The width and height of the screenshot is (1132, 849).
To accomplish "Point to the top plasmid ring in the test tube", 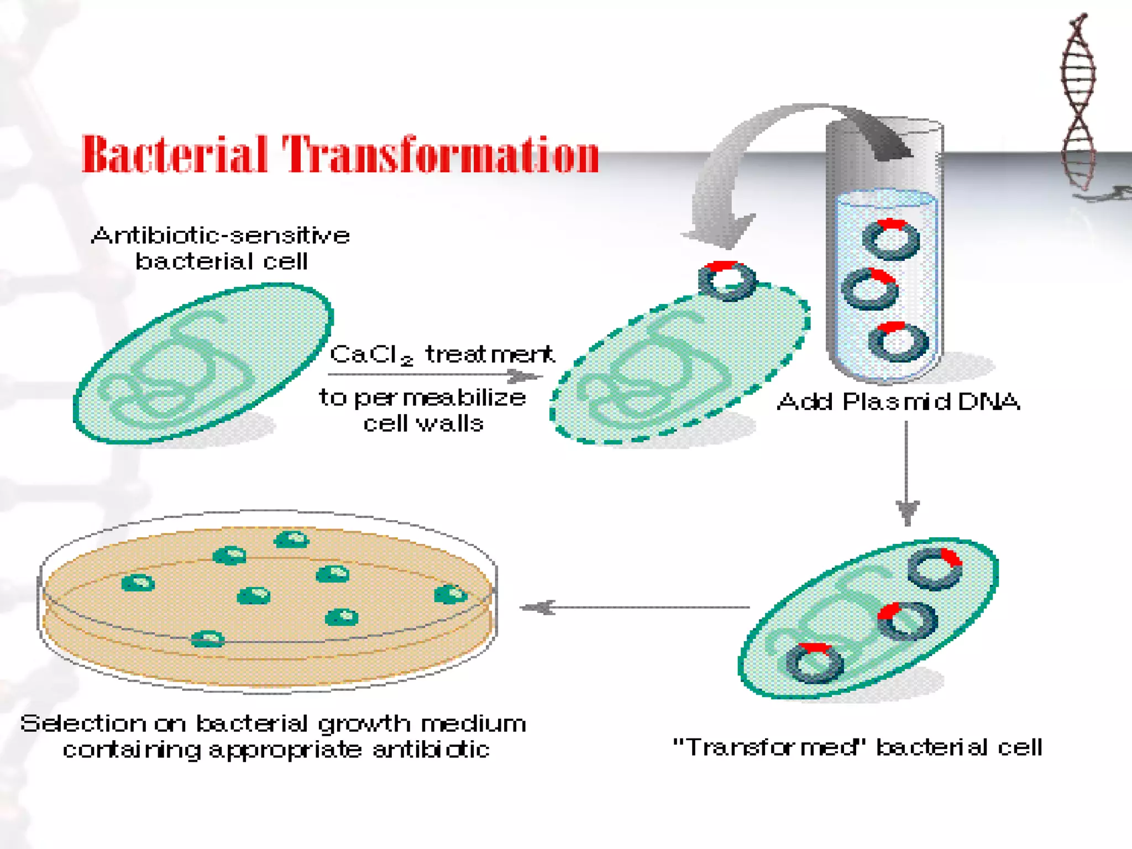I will pyautogui.click(x=891, y=239).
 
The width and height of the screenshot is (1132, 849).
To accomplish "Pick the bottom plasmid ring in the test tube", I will pyautogui.click(x=899, y=342).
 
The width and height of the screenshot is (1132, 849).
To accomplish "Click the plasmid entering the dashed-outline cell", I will pyautogui.click(x=727, y=281).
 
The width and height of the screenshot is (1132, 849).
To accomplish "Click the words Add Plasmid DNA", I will pyautogui.click(x=898, y=402).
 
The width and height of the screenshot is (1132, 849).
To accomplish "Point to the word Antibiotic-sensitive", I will pyautogui.click(x=221, y=236).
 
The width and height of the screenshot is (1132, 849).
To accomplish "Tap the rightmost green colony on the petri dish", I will pyautogui.click(x=450, y=595).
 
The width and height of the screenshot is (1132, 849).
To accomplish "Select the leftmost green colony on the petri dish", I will pyautogui.click(x=138, y=583).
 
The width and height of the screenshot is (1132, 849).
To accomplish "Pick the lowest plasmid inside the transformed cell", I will pyautogui.click(x=814, y=663).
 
